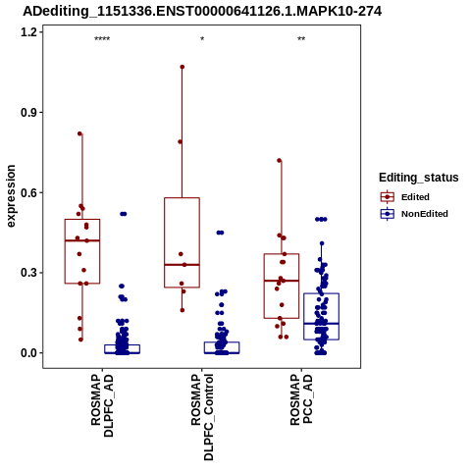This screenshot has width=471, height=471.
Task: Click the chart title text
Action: click(202, 12)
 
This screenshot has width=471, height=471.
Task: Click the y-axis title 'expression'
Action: click(11, 196)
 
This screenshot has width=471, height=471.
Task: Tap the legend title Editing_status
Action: click(419, 178)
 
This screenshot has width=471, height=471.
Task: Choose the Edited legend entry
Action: click(415, 197)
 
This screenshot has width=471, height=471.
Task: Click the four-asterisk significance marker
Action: click(102, 39)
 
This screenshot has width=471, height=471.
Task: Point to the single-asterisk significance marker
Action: click(202, 39)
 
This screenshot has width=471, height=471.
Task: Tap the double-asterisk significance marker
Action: click(301, 39)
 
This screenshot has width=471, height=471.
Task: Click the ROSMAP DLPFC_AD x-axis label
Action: click(102, 405)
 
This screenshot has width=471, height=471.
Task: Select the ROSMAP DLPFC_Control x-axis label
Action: click(202, 417)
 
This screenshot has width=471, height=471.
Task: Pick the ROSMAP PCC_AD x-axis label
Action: click(301, 399)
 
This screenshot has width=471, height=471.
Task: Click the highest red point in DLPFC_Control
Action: click(183, 67)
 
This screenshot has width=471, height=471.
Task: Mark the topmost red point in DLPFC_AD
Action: click(79, 133)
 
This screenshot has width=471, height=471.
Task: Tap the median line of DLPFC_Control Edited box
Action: click(183, 265)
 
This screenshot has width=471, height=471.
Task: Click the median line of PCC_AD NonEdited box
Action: click(321, 324)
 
